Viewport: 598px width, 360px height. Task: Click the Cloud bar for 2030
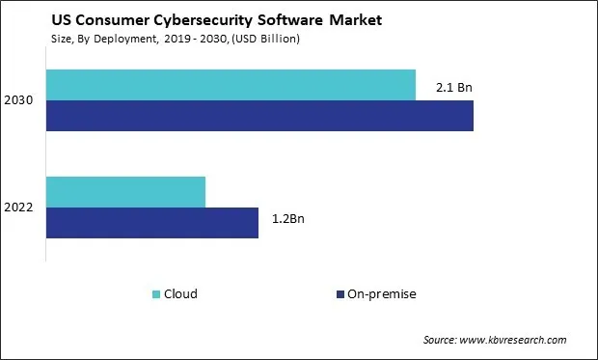pyautogui.click(x=231, y=85)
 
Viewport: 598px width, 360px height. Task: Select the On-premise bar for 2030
pyautogui.click(x=259, y=115)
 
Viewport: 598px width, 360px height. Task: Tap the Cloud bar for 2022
pyautogui.click(x=125, y=192)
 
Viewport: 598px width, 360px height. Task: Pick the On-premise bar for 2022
pyautogui.click(x=152, y=222)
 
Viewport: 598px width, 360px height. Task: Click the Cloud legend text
pyautogui.click(x=180, y=293)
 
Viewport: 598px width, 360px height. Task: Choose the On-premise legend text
pyautogui.click(x=383, y=293)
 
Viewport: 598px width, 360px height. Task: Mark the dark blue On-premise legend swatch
pyautogui.click(x=340, y=293)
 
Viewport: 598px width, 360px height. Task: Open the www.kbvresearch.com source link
pyautogui.click(x=515, y=340)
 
